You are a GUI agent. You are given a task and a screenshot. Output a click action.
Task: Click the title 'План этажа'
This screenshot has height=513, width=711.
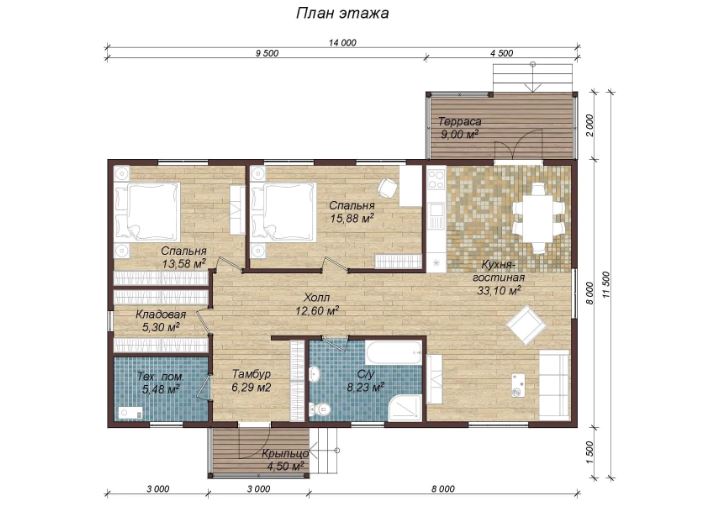[x=342, y=13]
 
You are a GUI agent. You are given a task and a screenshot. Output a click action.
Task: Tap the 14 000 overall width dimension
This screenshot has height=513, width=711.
[x=342, y=43]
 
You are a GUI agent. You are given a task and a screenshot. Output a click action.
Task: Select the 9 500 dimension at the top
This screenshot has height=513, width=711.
[x=267, y=53]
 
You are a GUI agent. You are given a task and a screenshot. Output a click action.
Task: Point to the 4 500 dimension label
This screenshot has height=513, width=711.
[x=502, y=53]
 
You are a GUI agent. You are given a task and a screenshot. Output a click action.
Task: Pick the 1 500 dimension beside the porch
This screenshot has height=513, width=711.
[x=589, y=452]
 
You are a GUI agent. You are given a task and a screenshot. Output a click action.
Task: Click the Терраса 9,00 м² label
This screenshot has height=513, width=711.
[x=459, y=127]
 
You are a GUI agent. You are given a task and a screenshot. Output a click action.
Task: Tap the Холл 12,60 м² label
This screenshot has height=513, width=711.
[x=317, y=304]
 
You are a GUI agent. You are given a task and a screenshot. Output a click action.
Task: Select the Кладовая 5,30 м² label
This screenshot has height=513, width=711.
[x=161, y=320]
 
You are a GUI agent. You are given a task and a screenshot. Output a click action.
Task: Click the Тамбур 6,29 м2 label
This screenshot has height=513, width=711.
[x=251, y=380]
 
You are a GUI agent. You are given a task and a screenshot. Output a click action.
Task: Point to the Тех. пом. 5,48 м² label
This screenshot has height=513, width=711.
[x=161, y=382]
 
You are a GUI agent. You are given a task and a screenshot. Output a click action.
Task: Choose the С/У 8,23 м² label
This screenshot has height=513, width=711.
[x=365, y=381]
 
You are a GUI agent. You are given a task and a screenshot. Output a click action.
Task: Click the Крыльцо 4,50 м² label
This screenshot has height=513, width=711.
[x=285, y=459]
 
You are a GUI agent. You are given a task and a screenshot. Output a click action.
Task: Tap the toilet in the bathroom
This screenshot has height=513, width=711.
[x=321, y=410]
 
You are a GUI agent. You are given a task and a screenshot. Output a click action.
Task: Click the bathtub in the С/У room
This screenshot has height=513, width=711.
[x=394, y=352]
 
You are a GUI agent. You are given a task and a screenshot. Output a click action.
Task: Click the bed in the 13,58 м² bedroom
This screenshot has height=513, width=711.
[x=147, y=211]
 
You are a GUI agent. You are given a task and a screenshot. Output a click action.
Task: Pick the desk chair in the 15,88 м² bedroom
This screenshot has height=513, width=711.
[x=388, y=187]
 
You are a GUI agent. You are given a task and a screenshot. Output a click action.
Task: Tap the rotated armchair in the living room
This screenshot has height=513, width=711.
[x=526, y=325]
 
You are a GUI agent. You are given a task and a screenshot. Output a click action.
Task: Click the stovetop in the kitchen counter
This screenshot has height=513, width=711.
[x=437, y=178]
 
